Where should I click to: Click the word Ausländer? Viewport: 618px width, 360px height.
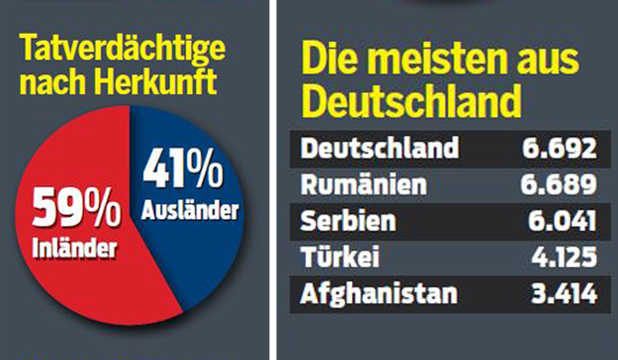189,210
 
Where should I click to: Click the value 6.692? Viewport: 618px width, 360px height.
558,150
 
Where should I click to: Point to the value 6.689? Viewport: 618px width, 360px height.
558,185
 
